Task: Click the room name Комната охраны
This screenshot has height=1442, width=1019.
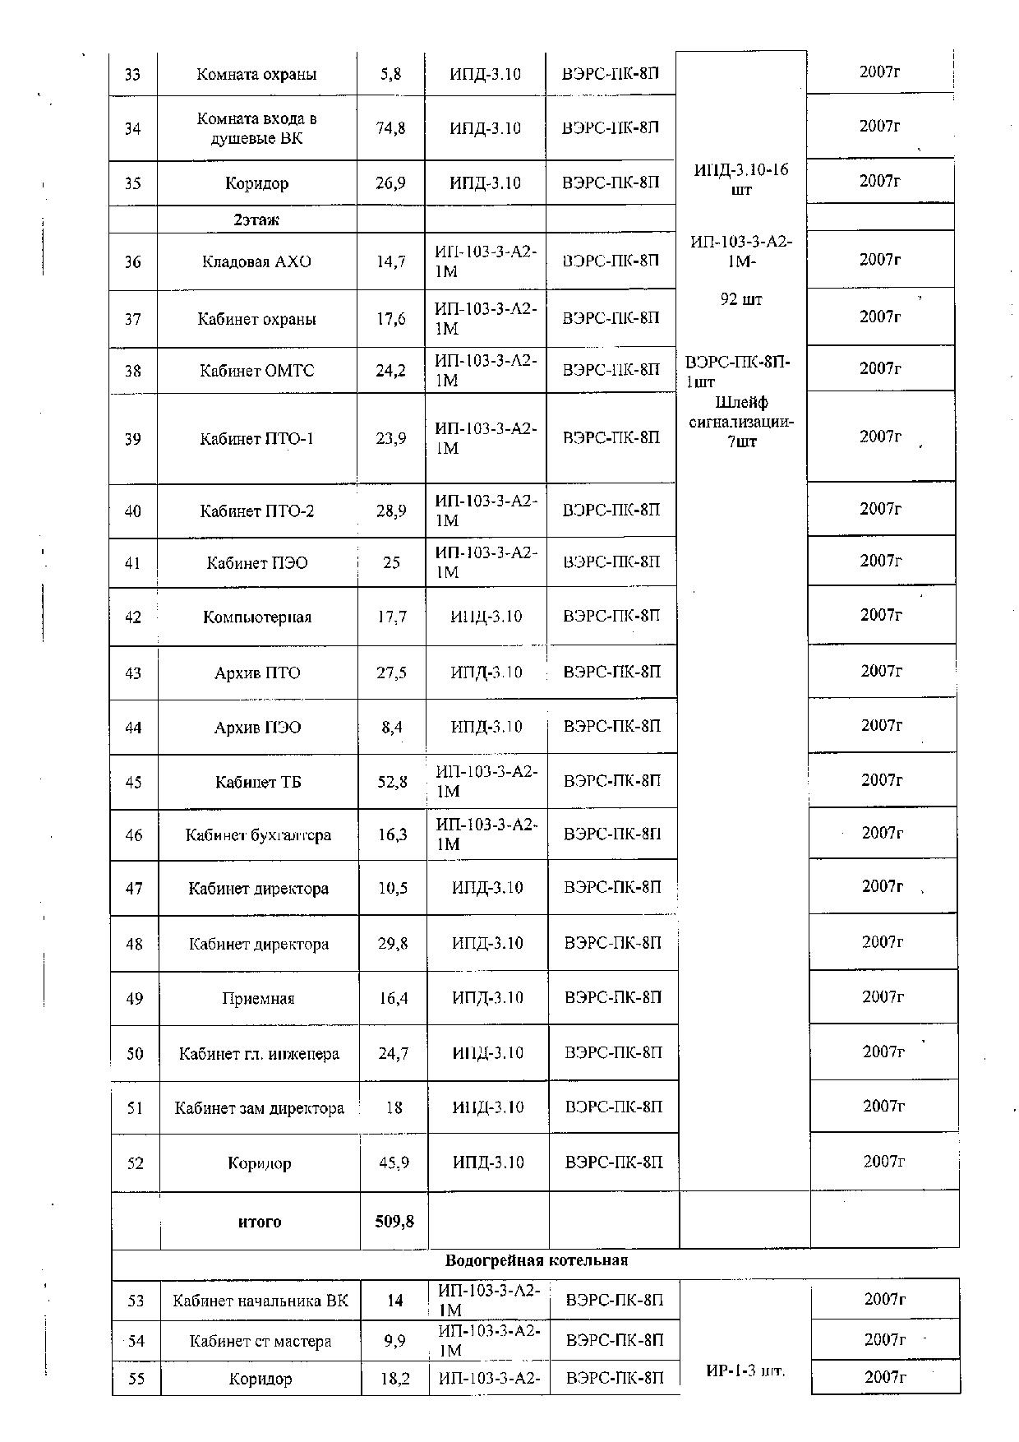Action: tap(256, 74)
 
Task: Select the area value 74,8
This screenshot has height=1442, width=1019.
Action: tap(390, 128)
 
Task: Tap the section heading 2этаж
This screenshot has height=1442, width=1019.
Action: tap(256, 220)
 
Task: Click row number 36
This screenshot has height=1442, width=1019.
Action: tap(132, 262)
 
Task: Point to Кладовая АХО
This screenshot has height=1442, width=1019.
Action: tap(256, 262)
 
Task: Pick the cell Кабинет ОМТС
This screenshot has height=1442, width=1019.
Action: tap(256, 371)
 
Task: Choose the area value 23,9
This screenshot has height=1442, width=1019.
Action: tap(390, 438)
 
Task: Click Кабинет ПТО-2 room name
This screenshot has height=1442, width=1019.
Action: tap(256, 511)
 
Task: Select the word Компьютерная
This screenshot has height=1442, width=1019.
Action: tap(257, 617)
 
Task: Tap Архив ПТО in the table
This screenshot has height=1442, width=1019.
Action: tap(257, 673)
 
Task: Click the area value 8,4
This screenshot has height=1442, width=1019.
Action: tap(392, 727)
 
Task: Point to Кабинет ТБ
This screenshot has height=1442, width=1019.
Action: tap(258, 782)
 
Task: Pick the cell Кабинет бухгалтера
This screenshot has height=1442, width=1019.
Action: tap(258, 835)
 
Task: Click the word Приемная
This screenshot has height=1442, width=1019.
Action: tap(258, 999)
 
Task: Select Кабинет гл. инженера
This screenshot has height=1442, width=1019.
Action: tap(259, 1054)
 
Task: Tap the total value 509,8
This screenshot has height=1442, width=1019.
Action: tap(394, 1222)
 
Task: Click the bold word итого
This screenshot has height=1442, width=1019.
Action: tap(260, 1222)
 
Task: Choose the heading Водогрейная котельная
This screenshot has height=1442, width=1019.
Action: tap(536, 1260)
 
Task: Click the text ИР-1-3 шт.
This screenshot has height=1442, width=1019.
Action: tap(745, 1370)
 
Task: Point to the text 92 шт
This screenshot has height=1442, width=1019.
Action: tap(741, 300)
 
